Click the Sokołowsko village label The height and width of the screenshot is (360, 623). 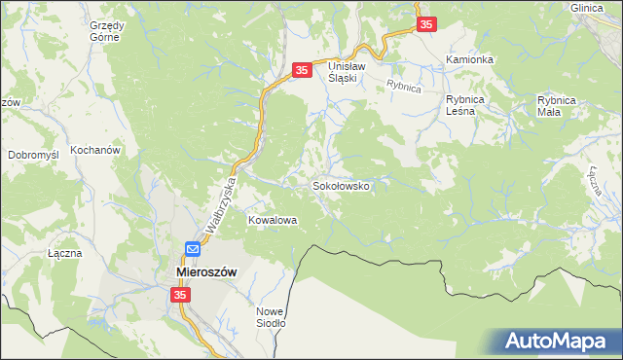[x=340, y=185]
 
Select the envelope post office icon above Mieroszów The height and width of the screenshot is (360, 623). [x=193, y=249]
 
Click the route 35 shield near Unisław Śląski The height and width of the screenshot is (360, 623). [x=302, y=70]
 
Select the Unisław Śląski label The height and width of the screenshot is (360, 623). [x=345, y=71]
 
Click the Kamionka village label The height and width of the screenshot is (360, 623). [x=469, y=59]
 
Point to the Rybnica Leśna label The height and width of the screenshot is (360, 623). [x=472, y=105]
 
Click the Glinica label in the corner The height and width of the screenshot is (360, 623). [x=589, y=7]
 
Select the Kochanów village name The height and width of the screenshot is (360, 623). [x=94, y=151]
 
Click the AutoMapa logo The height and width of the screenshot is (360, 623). [x=560, y=341]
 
